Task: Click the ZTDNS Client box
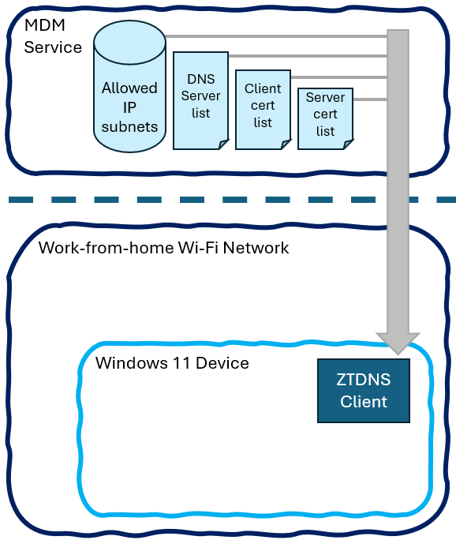coord(364,391)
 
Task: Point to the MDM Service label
coord(52,36)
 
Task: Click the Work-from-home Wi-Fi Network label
coord(163,248)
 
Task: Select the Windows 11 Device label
coord(172,363)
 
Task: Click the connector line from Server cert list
coord(369,99)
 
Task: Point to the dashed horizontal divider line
coord(229,200)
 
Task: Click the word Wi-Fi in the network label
coord(201,248)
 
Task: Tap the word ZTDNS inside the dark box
coord(364,380)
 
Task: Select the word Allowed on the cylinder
coord(129,88)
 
